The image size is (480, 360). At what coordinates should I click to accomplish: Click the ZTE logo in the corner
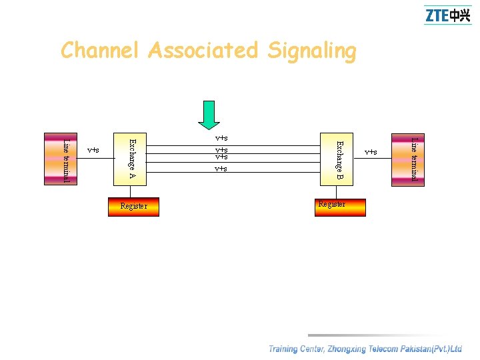[447, 15]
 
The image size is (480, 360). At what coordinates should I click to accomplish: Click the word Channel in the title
[99, 51]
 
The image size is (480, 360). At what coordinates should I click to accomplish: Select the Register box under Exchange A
[134, 207]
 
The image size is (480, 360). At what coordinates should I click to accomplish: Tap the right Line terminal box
[415, 159]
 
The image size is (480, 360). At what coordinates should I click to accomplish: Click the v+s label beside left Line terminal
[93, 150]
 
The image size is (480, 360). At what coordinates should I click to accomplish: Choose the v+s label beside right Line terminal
[371, 152]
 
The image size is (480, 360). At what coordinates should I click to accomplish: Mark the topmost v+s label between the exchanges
[221, 139]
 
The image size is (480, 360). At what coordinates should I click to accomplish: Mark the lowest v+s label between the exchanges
[221, 169]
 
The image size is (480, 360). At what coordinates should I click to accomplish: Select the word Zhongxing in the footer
[335, 349]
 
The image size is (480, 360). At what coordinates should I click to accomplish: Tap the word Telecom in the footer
[376, 349]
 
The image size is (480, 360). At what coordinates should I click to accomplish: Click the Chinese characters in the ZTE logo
[460, 15]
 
